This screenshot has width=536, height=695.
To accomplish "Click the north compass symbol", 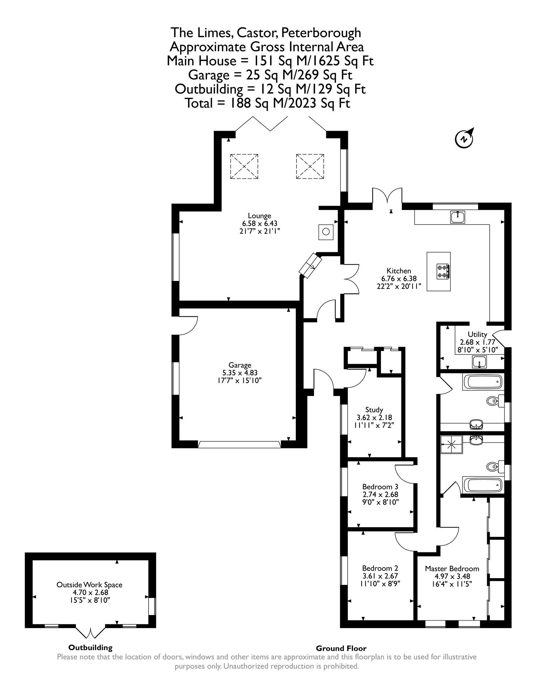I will (x=464, y=138).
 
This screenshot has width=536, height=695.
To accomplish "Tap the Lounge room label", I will (x=259, y=216).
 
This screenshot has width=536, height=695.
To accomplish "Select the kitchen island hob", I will (x=443, y=271).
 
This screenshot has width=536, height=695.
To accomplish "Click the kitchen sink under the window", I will (x=458, y=217).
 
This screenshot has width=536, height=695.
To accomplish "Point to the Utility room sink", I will (x=479, y=361).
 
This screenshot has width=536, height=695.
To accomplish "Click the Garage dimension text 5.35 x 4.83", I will (x=240, y=373).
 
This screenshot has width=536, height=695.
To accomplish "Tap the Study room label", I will (x=374, y=410).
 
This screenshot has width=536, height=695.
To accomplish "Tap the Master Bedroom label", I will (x=452, y=568).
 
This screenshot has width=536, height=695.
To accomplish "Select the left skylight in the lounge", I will (x=244, y=166).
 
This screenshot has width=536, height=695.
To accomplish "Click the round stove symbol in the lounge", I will (x=326, y=232).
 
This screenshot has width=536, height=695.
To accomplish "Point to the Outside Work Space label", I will (x=89, y=585).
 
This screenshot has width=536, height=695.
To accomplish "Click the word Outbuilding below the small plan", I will (x=90, y=648).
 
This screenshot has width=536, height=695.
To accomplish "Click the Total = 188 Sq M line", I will (x=268, y=104).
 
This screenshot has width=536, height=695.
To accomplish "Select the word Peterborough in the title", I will (x=321, y=33).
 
